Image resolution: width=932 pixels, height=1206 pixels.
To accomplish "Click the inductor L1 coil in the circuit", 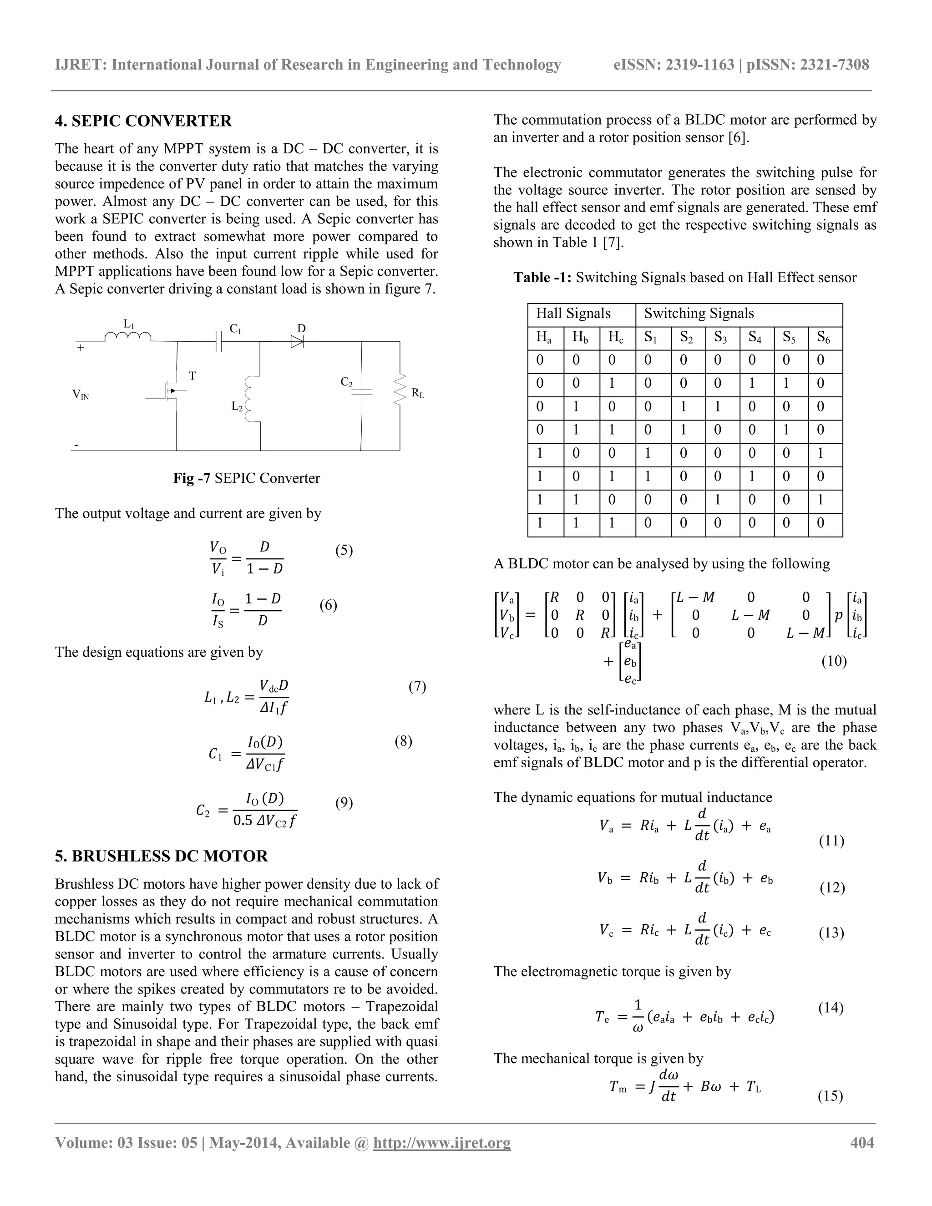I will pyautogui.click(x=128, y=336).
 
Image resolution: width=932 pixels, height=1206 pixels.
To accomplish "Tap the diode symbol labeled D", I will pyautogui.click(x=298, y=342).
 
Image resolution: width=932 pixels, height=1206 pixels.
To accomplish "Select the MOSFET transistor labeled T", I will pyautogui.click(x=172, y=391).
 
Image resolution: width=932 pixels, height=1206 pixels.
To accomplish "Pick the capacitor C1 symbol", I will pyautogui.click(x=218, y=342).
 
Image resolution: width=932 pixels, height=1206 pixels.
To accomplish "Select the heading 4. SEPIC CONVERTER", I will pyautogui.click(x=143, y=121).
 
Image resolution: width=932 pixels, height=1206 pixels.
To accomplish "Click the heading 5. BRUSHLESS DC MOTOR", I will pyautogui.click(x=161, y=856).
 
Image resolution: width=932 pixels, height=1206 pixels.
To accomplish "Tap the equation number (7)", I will pyautogui.click(x=417, y=686).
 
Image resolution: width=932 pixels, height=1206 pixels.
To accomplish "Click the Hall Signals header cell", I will pyautogui.click(x=573, y=314).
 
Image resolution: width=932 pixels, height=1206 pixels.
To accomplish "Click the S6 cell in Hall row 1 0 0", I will pyautogui.click(x=821, y=453).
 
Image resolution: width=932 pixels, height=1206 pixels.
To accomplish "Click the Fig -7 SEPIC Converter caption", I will pyautogui.click(x=246, y=478).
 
